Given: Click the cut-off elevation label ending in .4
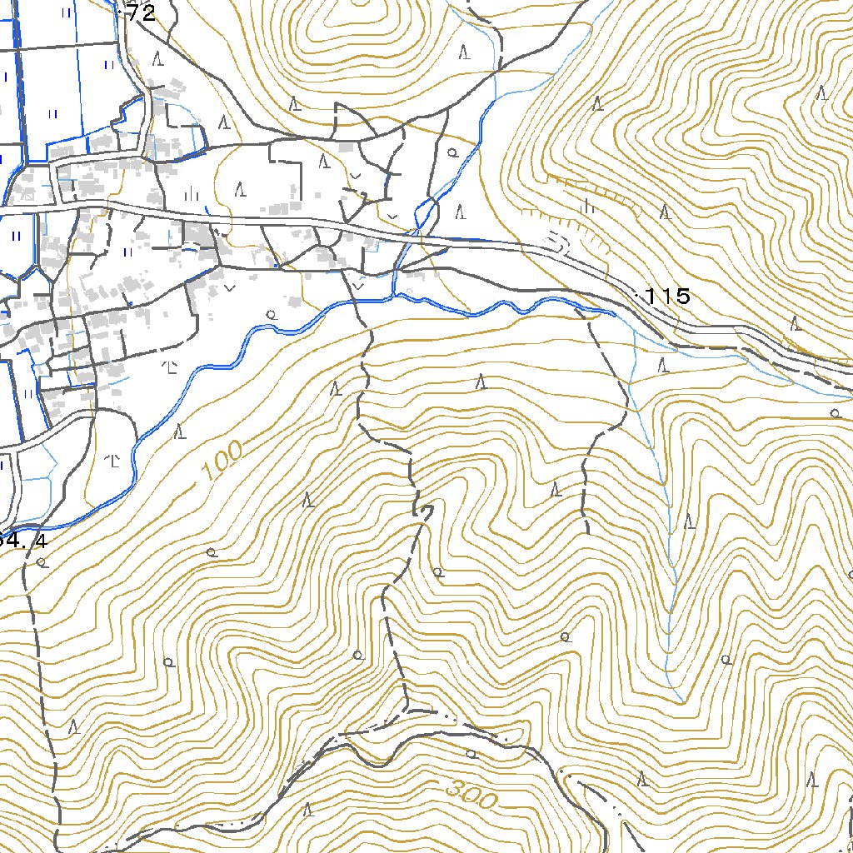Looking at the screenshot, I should click(x=23, y=540).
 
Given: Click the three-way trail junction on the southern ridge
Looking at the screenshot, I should click(x=407, y=709).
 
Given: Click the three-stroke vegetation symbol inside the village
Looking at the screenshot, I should click(x=192, y=194).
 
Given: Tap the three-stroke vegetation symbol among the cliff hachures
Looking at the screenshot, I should click(x=588, y=206).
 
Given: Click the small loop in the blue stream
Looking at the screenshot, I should click(x=425, y=210).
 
